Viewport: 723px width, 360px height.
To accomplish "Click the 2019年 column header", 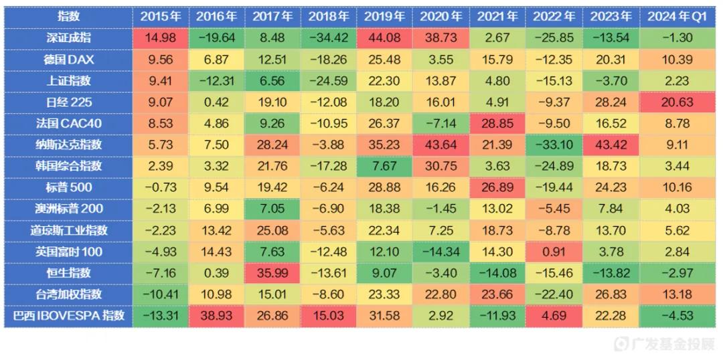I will pyautogui.click(x=385, y=17).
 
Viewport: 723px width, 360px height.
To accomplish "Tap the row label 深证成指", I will pyautogui.click(x=68, y=37).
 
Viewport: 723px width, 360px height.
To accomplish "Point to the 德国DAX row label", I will pyautogui.click(x=68, y=59).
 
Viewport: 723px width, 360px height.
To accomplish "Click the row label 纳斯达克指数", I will pyautogui.click(x=68, y=145).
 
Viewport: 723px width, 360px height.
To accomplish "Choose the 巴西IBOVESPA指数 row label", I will pyautogui.click(x=68, y=316).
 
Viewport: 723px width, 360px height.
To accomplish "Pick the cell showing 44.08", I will pyautogui.click(x=385, y=37).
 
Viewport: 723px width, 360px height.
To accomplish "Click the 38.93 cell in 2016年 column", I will pyautogui.click(x=216, y=316).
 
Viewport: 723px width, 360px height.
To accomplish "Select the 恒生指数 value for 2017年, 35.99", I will pyautogui.click(x=272, y=273).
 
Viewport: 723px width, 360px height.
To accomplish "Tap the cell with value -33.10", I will pyautogui.click(x=554, y=145).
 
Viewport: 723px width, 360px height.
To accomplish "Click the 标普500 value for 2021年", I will pyautogui.click(x=497, y=187).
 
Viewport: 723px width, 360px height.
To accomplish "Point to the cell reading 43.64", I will pyautogui.click(x=441, y=145).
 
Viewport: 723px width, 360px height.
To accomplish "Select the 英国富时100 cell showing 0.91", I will pyautogui.click(x=554, y=252).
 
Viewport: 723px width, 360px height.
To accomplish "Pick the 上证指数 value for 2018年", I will pyautogui.click(x=329, y=80).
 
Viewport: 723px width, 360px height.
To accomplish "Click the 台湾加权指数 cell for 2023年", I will pyautogui.click(x=610, y=294).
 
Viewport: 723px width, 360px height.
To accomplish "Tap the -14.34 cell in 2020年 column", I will pyautogui.click(x=441, y=252).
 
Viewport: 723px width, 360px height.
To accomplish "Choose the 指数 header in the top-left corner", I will pyautogui.click(x=68, y=17).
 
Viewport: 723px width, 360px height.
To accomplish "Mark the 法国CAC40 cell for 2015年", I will pyautogui.click(x=161, y=123).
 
